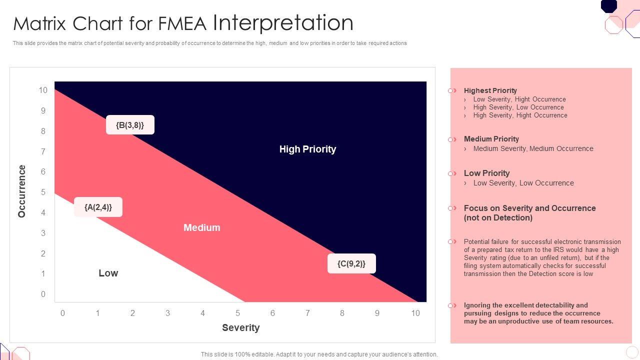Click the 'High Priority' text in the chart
307,149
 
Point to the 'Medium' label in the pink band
201,227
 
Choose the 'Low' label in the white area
108,273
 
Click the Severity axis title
240,327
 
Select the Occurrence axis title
21,191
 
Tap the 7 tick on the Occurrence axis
43,151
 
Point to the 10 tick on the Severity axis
415,313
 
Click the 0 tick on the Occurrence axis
43,294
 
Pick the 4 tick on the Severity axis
202,313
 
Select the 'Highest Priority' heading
490,90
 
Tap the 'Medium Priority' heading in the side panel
491,139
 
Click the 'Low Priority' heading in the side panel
486,173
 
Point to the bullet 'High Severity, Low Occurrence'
518,107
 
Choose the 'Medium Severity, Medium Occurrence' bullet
533,148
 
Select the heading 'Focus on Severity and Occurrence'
529,208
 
